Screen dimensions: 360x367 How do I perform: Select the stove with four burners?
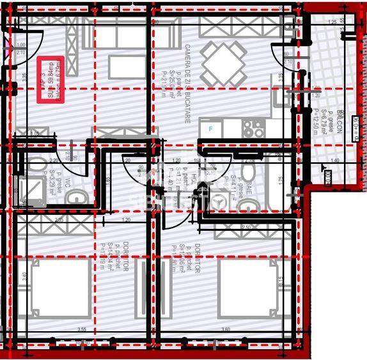254,129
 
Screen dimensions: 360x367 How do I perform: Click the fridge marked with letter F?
212,129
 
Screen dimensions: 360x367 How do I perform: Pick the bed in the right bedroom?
247,288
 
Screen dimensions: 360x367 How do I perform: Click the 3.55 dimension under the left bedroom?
82,330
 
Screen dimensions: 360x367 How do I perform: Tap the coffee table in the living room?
126,66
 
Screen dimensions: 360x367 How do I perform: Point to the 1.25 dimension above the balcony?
332,22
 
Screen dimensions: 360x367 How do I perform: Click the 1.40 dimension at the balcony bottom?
334,160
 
